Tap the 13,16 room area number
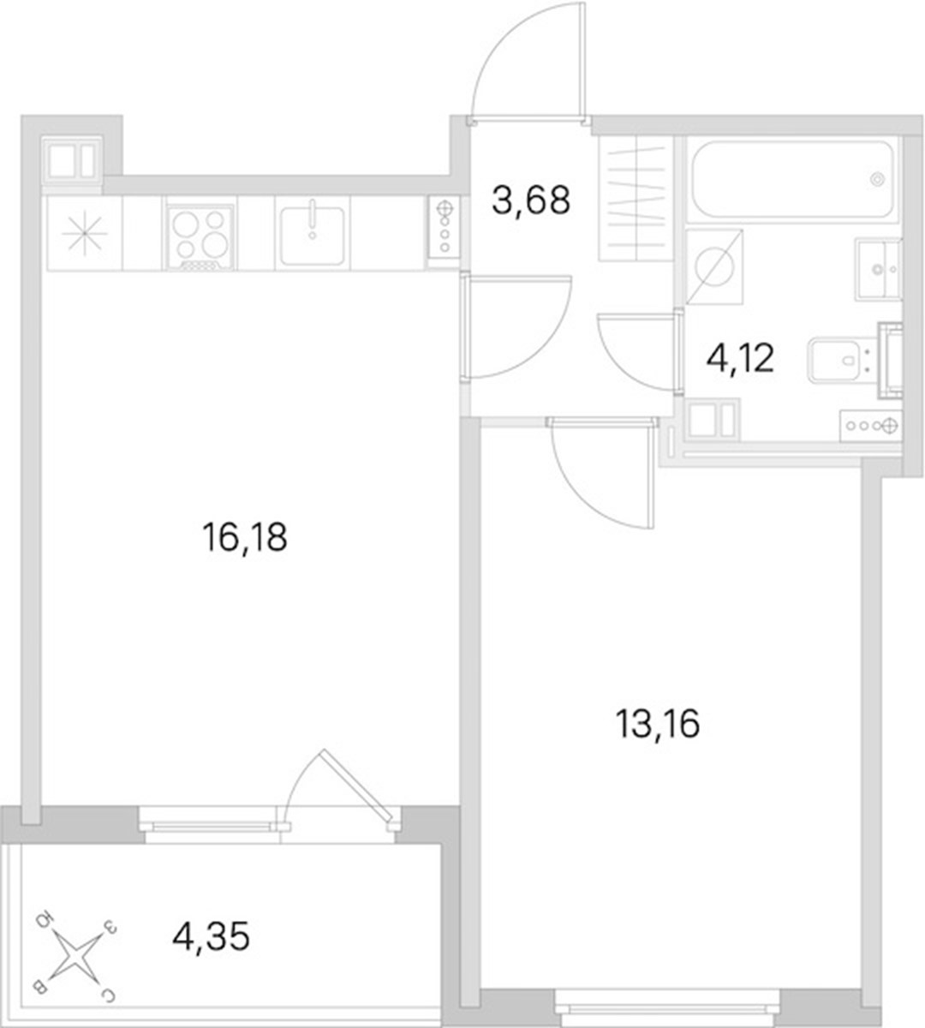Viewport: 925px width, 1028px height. point(658,724)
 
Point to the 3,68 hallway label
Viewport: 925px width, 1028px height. point(531,200)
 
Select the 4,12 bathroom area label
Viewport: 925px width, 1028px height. point(740,358)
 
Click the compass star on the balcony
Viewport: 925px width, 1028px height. point(75,956)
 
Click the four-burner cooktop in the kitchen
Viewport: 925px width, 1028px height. point(200,236)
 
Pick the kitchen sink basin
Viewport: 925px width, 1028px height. point(312,235)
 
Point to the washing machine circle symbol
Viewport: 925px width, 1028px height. point(715,267)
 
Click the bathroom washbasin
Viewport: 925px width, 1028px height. point(877,268)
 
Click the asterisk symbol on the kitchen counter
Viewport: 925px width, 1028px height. point(85,234)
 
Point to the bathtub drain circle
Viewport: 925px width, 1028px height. point(879,179)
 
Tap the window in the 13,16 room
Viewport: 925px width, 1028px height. point(667,1008)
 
